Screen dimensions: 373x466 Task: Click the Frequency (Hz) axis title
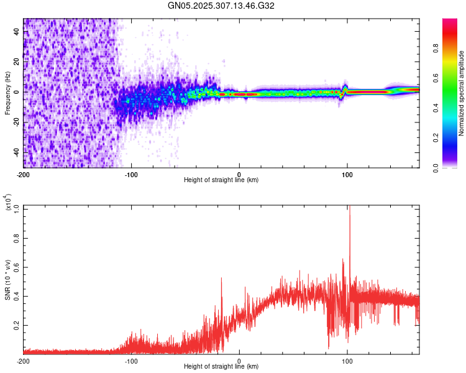(x=7, y=93)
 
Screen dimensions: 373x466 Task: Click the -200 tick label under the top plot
(x=23, y=173)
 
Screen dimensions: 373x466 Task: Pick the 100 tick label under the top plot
(x=347, y=173)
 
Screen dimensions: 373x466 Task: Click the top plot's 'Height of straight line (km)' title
(x=221, y=180)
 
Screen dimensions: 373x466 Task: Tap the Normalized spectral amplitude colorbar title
(x=461, y=93)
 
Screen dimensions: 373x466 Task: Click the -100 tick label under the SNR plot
(x=131, y=361)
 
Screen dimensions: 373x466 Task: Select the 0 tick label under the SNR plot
(x=240, y=361)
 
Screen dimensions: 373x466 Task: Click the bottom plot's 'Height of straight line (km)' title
(x=221, y=367)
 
